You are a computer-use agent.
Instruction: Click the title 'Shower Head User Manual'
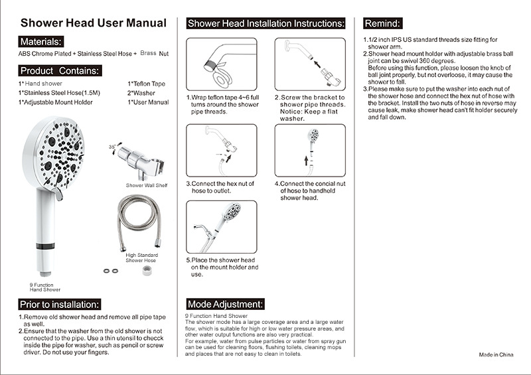[93, 23]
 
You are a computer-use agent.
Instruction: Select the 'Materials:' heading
[41, 41]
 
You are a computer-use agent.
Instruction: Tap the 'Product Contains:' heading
[60, 70]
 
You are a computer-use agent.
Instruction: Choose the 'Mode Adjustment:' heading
[226, 304]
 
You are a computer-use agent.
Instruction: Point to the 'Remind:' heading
[382, 23]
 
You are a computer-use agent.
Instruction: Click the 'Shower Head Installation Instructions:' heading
[266, 23]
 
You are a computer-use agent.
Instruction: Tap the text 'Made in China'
[496, 354]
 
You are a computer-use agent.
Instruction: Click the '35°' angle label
[112, 146]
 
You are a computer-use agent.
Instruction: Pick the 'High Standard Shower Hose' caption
[142, 257]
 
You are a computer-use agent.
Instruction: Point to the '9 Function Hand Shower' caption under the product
[45, 287]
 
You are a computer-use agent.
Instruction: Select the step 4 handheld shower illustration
[310, 150]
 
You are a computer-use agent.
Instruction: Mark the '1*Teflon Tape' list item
[146, 84]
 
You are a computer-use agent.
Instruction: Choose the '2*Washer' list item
[140, 93]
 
